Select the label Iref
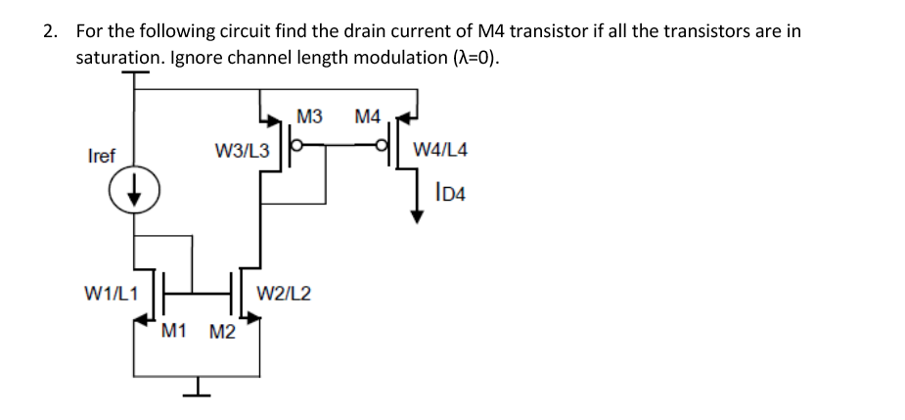[x=101, y=156]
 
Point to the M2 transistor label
[x=222, y=331]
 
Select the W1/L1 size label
[x=111, y=292]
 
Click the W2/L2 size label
[x=284, y=292]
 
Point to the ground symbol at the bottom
[x=197, y=391]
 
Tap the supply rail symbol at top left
[x=135, y=75]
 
